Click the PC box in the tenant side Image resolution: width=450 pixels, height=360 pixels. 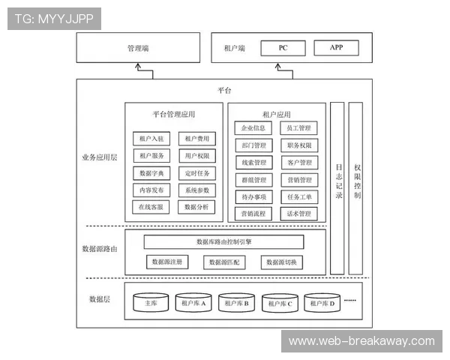coord(283,48)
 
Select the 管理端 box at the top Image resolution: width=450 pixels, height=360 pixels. coord(139,48)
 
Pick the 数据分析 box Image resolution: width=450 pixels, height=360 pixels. coord(197,207)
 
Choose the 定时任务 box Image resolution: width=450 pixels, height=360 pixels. coord(197,172)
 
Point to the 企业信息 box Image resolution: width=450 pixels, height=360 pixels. coord(254,128)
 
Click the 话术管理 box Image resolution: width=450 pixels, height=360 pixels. coord(298,214)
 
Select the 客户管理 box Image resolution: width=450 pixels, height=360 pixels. coord(298,163)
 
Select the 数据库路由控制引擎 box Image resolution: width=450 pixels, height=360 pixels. coord(223,242)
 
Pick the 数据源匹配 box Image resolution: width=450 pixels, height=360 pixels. coord(223,262)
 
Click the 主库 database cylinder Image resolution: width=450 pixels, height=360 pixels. coord(151,303)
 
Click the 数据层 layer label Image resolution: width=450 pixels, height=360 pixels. coord(100,299)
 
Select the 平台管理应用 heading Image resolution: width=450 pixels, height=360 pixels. coord(174,114)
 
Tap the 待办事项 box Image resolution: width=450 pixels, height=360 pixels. coord(254,196)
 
